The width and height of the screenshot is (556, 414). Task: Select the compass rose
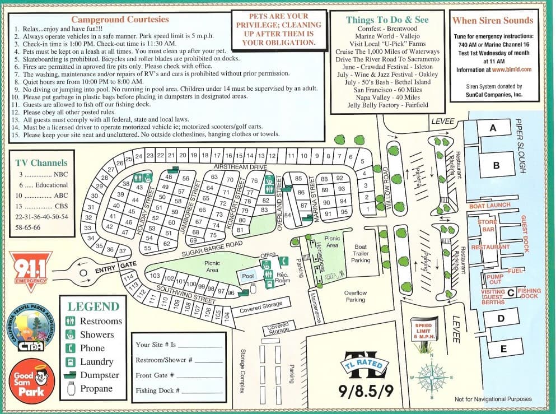pyautogui.click(x=431, y=376)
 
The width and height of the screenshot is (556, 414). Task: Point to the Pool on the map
pyautogui.click(x=247, y=276)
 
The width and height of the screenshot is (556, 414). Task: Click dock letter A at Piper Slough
pyautogui.click(x=493, y=128)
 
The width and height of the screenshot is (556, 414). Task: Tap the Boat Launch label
pyautogui.click(x=490, y=206)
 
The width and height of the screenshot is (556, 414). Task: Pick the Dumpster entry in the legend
pyautogui.click(x=99, y=375)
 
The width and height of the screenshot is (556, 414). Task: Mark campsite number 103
pyautogui.click(x=155, y=276)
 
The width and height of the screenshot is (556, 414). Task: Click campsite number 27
pyautogui.click(x=111, y=169)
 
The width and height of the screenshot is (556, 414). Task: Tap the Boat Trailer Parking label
pyautogui.click(x=361, y=253)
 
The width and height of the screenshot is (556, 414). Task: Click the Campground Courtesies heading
pyautogui.click(x=128, y=19)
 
